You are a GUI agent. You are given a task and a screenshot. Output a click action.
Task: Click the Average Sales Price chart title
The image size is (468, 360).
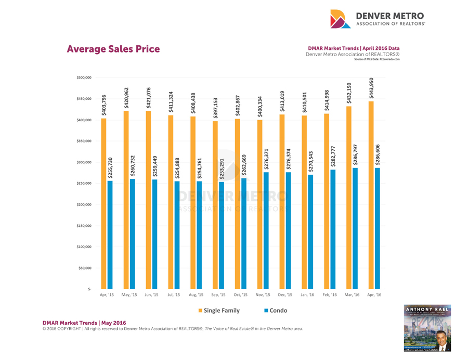(x=113, y=49)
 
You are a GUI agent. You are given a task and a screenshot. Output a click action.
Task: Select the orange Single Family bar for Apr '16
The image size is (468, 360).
(x=371, y=195)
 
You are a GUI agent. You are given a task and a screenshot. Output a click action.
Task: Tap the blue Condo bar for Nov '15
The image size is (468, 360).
(x=266, y=230)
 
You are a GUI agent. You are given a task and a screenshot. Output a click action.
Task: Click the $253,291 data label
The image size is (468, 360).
(x=222, y=169)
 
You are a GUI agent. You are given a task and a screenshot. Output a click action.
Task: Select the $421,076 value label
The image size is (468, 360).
(x=149, y=98)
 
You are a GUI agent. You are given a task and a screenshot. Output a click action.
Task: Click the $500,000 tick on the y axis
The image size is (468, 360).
(x=83, y=78)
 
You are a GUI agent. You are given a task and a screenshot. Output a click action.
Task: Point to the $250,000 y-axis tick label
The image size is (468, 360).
(x=83, y=184)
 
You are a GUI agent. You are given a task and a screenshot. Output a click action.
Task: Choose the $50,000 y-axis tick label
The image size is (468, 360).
(x=84, y=268)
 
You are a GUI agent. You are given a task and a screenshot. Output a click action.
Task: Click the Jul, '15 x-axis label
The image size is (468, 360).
(x=173, y=295)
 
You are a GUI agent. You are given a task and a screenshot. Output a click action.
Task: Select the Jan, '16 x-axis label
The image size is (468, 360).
(x=307, y=295)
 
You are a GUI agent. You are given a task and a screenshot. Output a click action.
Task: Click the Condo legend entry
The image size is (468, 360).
(x=276, y=311)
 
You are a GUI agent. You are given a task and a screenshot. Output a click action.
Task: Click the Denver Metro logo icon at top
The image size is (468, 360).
(x=341, y=19)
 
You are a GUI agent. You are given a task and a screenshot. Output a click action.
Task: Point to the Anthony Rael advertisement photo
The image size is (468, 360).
(x=427, y=328)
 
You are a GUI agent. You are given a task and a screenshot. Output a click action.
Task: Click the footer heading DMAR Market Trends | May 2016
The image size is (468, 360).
(x=84, y=323)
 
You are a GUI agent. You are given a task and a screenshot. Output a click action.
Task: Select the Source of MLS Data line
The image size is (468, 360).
(x=376, y=59)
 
